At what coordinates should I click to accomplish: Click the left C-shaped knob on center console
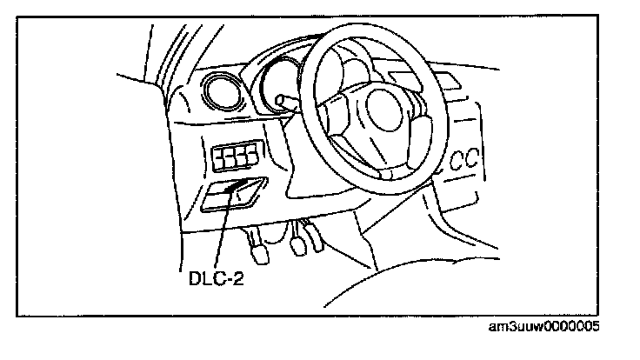(457, 162)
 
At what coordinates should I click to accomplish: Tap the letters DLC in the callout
(205, 281)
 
